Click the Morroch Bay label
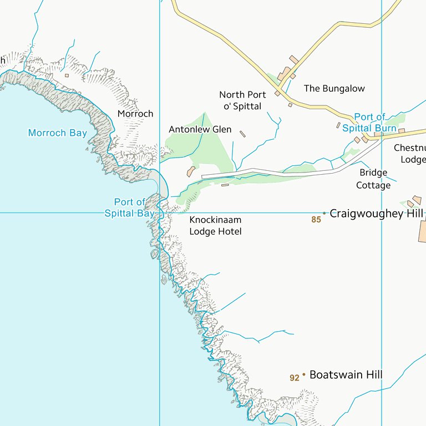pos(57,133)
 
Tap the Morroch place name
pos(135,114)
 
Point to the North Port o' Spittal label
pos(242,100)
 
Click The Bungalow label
pos(334,88)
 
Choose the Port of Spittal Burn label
pos(369,123)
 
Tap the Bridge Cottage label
pos(373,179)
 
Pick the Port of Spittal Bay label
pos(129,207)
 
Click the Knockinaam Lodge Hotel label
pos(215,226)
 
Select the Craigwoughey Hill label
pos(376,214)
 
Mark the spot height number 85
pos(316,220)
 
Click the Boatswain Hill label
pos(346,375)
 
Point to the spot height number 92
pos(295,378)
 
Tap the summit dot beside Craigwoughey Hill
pos(324,213)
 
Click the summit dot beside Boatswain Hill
pos(304,375)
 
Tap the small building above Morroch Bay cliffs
pos(67,75)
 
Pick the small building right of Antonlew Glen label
pos(242,134)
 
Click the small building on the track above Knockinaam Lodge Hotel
pos(225,185)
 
